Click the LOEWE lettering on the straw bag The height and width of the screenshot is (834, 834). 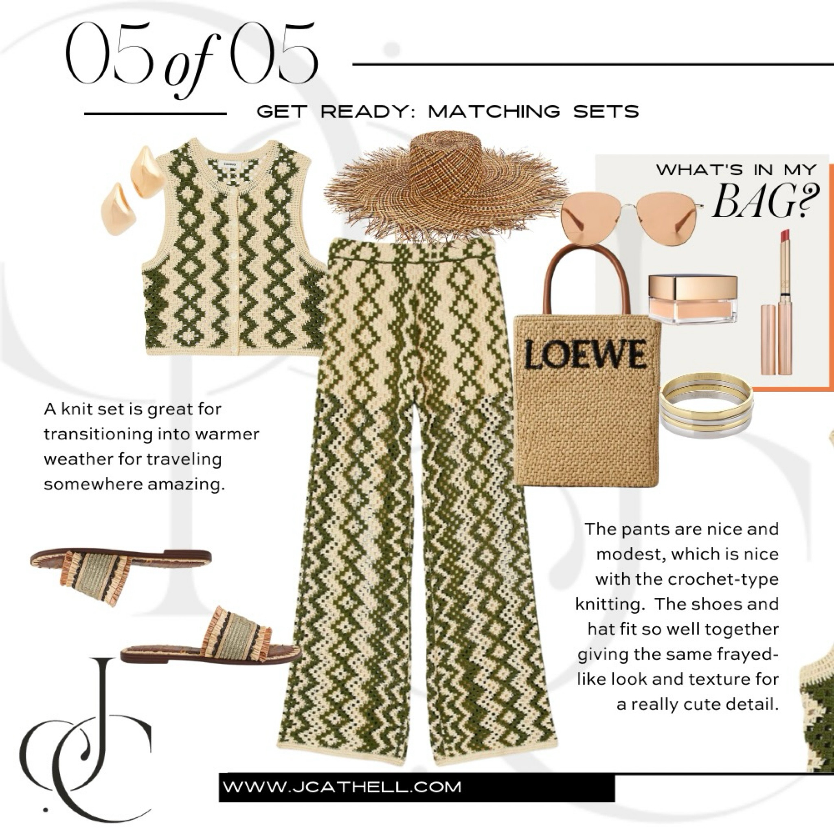click(585, 354)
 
